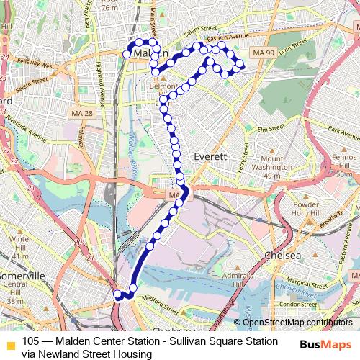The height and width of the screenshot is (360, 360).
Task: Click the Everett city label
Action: (211, 156)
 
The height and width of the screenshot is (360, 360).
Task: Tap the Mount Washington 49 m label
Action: (276, 167)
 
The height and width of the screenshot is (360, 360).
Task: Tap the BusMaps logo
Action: (326, 345)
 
